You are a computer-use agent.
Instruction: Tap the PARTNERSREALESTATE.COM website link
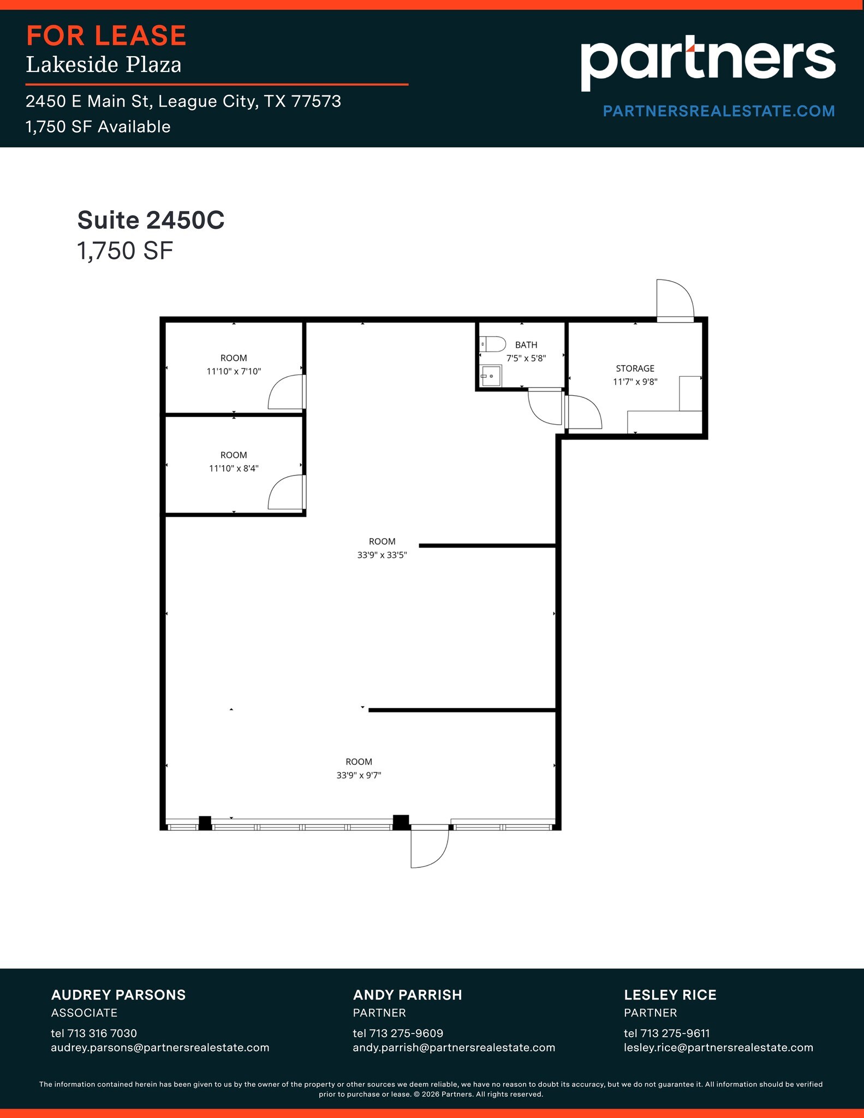click(718, 111)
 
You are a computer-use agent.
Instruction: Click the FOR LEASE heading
click(106, 36)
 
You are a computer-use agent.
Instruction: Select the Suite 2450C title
click(151, 220)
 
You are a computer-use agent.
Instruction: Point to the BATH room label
click(526, 345)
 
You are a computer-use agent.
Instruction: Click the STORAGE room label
click(635, 368)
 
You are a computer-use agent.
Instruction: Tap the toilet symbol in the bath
click(493, 344)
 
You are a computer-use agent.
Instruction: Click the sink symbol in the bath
click(491, 376)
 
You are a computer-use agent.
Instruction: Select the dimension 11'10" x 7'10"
click(234, 372)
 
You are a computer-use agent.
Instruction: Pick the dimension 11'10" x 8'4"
click(234, 468)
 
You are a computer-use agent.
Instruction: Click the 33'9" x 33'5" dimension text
click(382, 555)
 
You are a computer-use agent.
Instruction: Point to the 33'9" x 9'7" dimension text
click(359, 775)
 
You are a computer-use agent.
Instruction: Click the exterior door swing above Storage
click(675, 299)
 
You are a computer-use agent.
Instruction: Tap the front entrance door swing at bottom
click(429, 847)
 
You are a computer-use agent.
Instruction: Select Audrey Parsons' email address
click(160, 1048)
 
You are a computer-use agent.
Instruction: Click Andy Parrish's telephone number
click(398, 1033)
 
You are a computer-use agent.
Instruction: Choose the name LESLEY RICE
click(670, 995)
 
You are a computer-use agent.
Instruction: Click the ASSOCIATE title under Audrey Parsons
click(84, 1013)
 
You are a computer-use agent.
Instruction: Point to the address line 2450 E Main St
click(183, 102)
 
